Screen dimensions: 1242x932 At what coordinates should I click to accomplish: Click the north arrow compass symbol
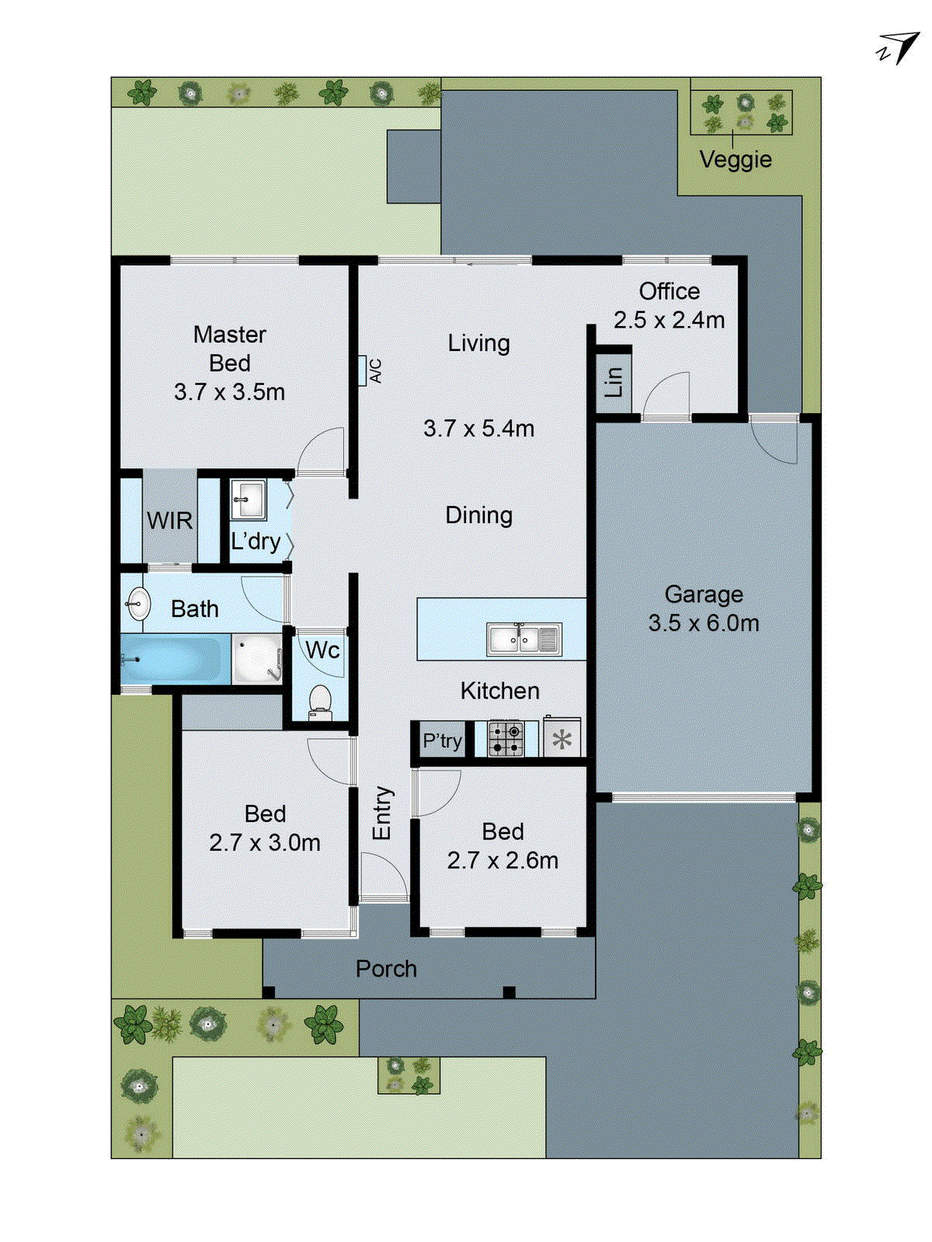click(898, 48)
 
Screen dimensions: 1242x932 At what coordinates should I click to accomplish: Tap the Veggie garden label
click(735, 159)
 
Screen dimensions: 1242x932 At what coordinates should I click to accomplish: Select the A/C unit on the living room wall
click(363, 371)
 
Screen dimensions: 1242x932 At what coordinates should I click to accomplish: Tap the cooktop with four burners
click(506, 739)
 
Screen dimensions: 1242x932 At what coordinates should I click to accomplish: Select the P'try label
click(442, 741)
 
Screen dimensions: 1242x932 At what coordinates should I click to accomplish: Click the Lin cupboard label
click(614, 382)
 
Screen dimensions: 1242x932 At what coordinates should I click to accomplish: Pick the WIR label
click(169, 520)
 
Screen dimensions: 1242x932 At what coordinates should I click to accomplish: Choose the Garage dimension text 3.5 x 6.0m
click(704, 623)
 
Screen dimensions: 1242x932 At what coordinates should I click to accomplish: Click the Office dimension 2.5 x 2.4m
click(669, 320)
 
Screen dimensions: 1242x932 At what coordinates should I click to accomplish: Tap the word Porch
click(386, 969)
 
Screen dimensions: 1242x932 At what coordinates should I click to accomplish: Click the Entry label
click(382, 813)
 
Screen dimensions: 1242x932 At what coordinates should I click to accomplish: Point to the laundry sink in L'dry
click(249, 499)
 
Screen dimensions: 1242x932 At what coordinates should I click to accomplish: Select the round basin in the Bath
click(139, 604)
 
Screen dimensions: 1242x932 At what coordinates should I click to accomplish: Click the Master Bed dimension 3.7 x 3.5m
click(229, 392)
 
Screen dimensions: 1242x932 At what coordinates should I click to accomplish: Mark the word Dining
click(478, 515)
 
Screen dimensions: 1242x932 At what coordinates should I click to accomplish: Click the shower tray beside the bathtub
click(256, 660)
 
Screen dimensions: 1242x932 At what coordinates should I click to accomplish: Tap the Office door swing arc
click(668, 394)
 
